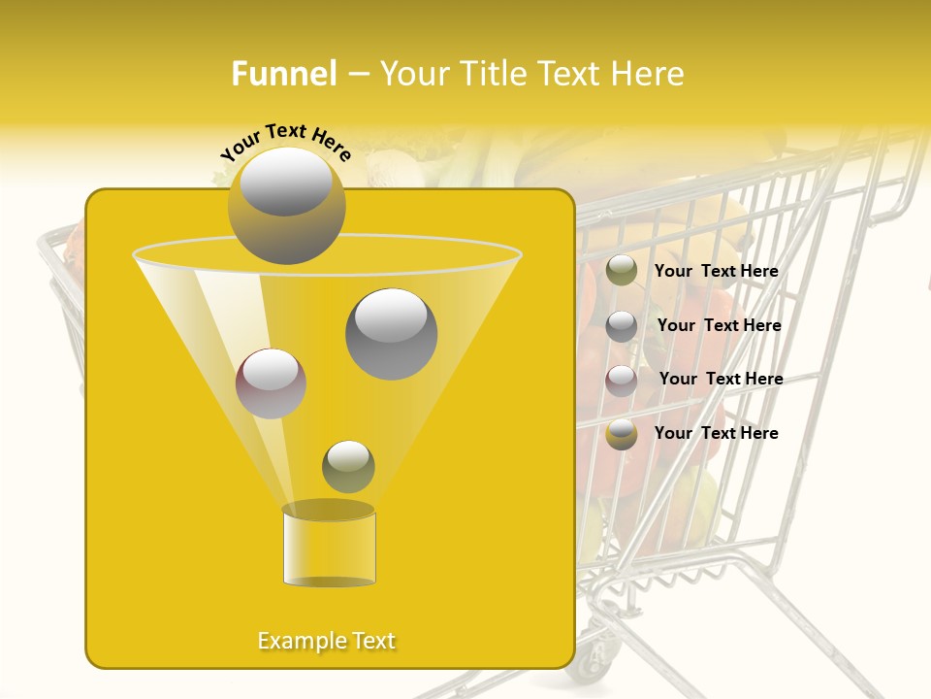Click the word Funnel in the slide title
(x=283, y=74)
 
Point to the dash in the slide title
(x=357, y=74)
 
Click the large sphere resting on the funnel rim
(x=286, y=205)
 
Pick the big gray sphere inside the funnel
(x=391, y=333)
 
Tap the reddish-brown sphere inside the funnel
(x=271, y=383)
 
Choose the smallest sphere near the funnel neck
(x=348, y=466)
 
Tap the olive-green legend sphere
(x=622, y=271)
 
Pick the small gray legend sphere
(x=622, y=326)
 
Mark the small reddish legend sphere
(x=622, y=381)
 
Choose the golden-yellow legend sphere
(x=622, y=434)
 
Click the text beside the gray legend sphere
(x=719, y=325)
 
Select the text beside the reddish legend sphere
(x=721, y=379)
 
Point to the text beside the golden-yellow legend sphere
(x=716, y=433)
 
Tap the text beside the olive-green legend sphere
(x=716, y=271)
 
